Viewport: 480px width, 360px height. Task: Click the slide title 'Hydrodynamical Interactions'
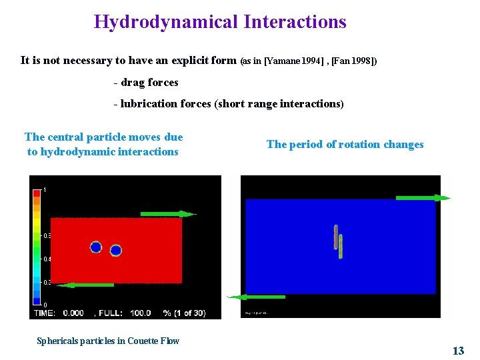[x=220, y=22]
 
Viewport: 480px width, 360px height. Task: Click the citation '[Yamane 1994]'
[x=294, y=61]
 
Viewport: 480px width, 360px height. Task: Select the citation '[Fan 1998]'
[x=353, y=61]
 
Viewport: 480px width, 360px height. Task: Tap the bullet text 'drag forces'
[x=149, y=83]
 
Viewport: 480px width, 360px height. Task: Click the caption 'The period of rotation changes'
[x=345, y=145]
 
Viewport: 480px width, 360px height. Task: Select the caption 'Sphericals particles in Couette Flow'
[x=108, y=341]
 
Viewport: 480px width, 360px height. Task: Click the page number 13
[x=458, y=351]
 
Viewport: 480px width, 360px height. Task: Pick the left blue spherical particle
[x=96, y=247]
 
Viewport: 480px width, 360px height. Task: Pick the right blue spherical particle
[x=116, y=251]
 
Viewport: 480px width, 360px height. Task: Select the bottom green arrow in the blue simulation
[x=257, y=297]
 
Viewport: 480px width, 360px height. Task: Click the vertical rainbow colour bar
[x=35, y=247]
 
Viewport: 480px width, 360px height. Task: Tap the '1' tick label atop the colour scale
[x=45, y=190]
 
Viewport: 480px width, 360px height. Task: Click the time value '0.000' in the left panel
[x=73, y=313]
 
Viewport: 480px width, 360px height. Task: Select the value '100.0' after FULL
[x=140, y=313]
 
